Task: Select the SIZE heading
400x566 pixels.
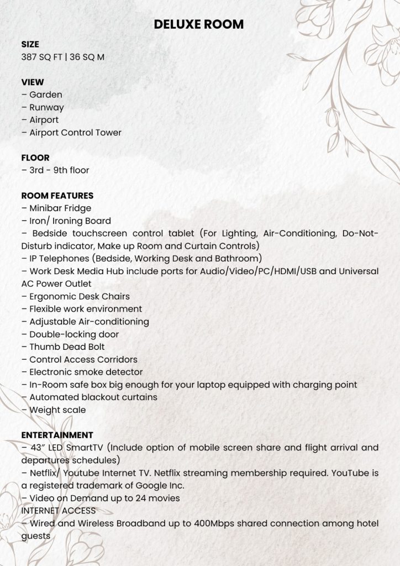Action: coord(30,44)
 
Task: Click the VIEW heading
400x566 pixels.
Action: coord(33,82)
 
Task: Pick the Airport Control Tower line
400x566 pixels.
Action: coord(71,133)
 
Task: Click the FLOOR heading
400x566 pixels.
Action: coord(35,158)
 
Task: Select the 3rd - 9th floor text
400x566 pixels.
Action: coord(55,170)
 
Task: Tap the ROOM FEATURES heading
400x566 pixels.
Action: coord(57,196)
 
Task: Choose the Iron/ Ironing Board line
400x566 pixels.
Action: coord(66,221)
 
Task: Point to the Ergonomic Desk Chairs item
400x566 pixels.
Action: coord(76,296)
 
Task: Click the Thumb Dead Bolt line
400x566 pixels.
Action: coord(63,347)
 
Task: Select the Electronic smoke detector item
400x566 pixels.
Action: coord(82,372)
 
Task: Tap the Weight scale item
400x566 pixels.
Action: coord(54,410)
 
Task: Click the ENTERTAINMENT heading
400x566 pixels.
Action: coord(57,435)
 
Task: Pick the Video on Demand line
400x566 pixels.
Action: coord(101,498)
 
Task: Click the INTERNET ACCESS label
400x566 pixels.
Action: coord(59,511)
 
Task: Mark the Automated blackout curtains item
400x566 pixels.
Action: coord(90,397)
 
